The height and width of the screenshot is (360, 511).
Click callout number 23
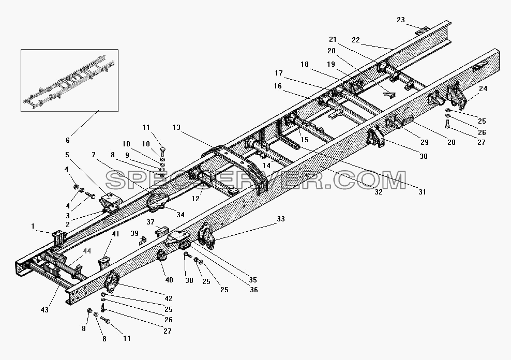click(400, 20)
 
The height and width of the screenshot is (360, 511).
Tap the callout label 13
click(176, 127)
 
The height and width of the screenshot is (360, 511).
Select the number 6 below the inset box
click(67, 140)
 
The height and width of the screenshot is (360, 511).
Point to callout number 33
click(281, 219)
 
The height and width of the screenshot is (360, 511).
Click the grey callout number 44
click(87, 251)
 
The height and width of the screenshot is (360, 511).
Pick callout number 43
click(44, 310)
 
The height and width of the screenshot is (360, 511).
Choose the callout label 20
click(332, 51)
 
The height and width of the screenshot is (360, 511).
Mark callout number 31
click(422, 192)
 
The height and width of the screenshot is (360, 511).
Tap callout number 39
click(134, 234)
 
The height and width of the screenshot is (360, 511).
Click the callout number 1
click(33, 226)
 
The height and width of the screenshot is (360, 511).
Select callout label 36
click(253, 290)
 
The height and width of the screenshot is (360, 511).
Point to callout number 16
click(278, 86)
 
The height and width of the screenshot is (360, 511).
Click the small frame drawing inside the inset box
click(69, 81)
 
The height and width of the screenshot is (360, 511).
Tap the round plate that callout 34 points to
click(158, 202)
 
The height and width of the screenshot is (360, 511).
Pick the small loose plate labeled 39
click(143, 241)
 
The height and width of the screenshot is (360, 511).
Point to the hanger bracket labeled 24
click(456, 96)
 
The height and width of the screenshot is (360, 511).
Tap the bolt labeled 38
click(187, 255)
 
